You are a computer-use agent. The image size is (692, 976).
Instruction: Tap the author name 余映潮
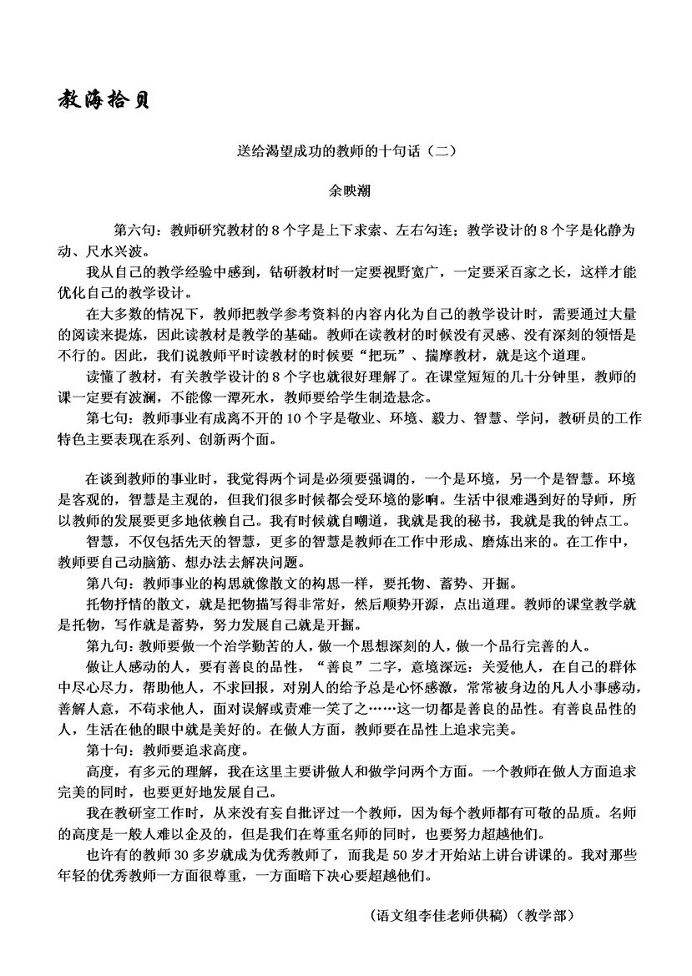coord(346,190)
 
